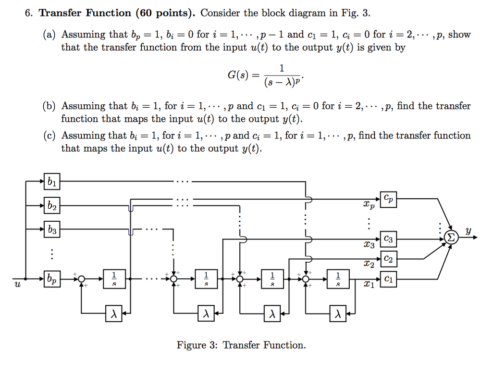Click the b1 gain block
point(51,182)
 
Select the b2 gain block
point(51,206)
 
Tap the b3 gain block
point(51,230)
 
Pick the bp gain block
point(51,278)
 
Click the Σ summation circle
point(451,237)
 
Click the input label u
point(17,285)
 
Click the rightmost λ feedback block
point(338,315)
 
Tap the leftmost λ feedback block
point(114,315)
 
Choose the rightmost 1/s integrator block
point(338,278)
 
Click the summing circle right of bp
point(82,278)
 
